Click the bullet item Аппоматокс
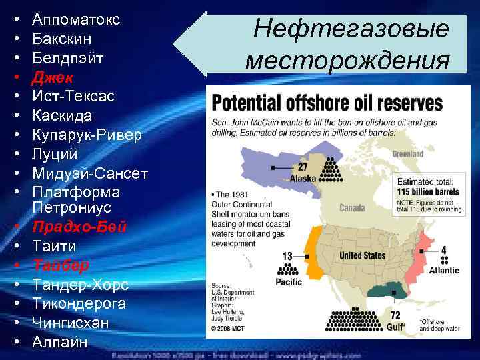[x=75, y=19]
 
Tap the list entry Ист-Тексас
[x=73, y=97]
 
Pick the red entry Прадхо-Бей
[x=79, y=227]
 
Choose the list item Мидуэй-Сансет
[x=89, y=174]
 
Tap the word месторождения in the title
[x=347, y=61]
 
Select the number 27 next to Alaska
[x=303, y=167]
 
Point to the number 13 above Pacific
[x=287, y=256]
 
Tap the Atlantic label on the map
[x=443, y=271]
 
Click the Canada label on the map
[x=352, y=208]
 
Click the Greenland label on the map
[x=407, y=154]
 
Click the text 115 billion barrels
[x=425, y=190]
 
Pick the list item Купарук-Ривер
[x=87, y=135]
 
